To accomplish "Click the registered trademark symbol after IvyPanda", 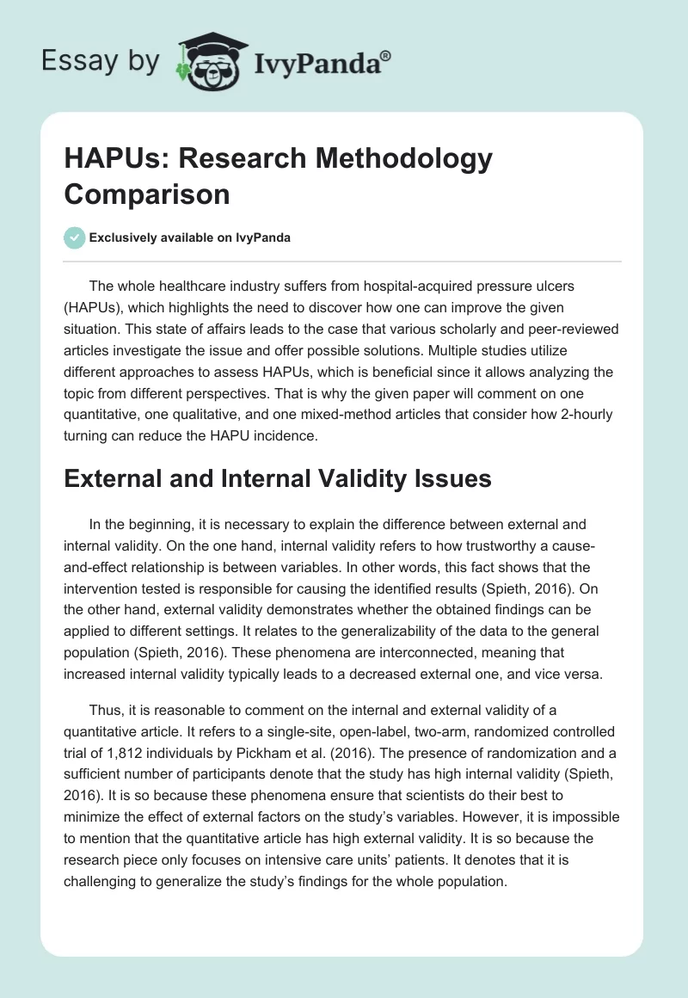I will [x=385, y=56].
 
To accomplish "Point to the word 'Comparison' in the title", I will [x=147, y=194].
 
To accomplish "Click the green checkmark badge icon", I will [x=74, y=237].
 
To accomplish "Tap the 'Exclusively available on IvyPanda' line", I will [x=189, y=237].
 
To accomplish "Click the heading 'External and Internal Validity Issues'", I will [x=278, y=479].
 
